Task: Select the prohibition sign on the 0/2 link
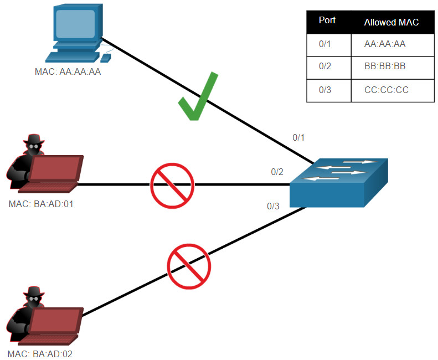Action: pos(172,184)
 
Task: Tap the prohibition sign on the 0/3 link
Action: pos(189,265)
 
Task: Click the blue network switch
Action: pos(338,182)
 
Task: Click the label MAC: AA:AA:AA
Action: pos(67,71)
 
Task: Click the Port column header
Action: pos(327,20)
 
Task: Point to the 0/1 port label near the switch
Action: pos(298,137)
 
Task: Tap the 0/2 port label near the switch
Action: pos(277,172)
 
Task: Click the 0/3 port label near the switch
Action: pos(273,207)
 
